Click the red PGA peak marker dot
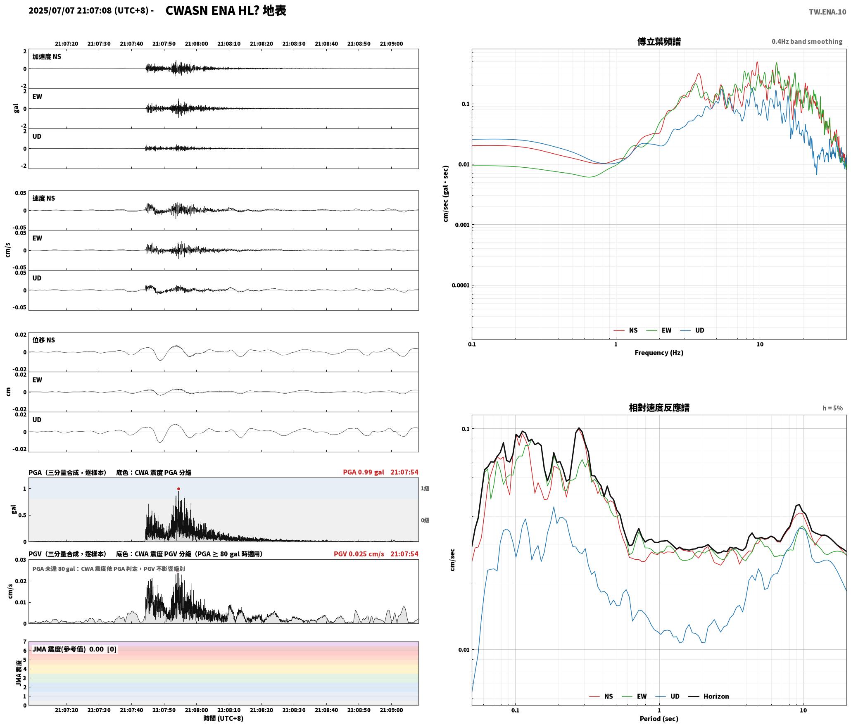178,489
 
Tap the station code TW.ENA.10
827,12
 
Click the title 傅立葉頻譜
659,42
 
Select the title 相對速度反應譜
659,408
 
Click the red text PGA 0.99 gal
364,472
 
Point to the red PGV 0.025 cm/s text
359,554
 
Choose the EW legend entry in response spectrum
635,696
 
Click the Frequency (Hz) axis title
659,353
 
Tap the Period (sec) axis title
659,719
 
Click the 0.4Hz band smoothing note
807,42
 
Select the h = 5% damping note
832,408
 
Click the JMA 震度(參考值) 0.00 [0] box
74,649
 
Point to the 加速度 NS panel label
47,57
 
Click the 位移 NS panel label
44,340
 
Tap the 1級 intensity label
425,488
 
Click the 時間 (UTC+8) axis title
223,718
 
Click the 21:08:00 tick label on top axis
196,44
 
